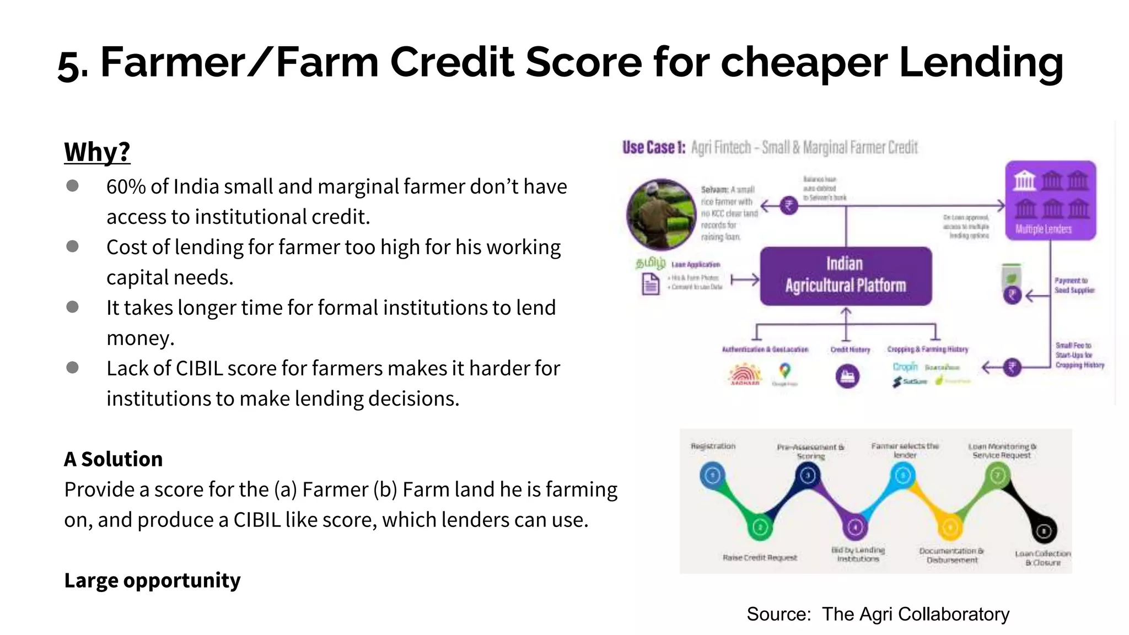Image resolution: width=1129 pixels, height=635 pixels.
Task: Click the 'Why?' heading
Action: coord(97,152)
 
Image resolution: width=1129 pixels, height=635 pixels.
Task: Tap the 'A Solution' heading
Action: coord(113,459)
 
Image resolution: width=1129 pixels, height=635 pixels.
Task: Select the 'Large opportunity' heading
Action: coord(152,580)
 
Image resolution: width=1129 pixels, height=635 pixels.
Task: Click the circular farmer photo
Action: coord(662,214)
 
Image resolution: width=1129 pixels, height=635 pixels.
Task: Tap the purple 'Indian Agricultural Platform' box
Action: coord(846,276)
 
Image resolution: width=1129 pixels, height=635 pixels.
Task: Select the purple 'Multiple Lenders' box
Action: coord(1051,200)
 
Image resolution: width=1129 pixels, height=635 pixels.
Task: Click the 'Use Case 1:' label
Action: coord(654,148)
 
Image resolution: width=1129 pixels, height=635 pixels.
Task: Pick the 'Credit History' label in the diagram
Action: coord(850,349)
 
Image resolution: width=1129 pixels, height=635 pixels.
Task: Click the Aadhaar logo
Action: coord(745,375)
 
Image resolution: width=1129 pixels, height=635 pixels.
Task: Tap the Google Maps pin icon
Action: coord(784,370)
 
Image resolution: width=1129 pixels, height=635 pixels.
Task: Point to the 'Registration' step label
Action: coord(713,446)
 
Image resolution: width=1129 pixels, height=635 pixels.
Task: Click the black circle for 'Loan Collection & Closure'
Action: coord(1044,531)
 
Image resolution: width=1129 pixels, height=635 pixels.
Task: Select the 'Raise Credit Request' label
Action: coord(760,558)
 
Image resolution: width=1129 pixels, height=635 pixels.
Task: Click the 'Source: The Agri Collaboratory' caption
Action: coord(878,614)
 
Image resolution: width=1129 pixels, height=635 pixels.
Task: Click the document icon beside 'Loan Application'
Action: coord(650,285)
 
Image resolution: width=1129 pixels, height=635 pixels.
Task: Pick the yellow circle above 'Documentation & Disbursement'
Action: coord(950,528)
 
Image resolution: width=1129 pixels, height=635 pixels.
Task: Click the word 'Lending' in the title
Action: coord(981,62)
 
